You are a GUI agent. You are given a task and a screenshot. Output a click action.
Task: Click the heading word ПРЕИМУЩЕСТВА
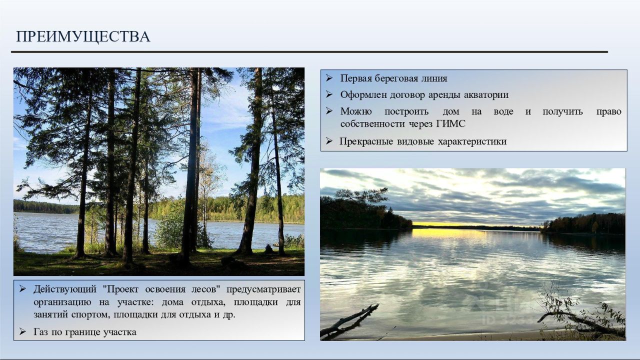click(83, 37)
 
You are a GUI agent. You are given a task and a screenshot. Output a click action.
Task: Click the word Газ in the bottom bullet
click(40, 332)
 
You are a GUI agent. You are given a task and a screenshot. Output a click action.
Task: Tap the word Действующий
click(65, 289)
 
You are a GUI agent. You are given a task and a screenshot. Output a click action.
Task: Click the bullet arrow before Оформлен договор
click(329, 94)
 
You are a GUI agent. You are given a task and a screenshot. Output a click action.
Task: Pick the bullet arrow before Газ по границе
click(22, 331)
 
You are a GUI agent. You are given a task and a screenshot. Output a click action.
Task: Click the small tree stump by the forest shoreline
click(268, 249)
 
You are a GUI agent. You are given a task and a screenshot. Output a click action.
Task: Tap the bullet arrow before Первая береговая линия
click(329, 78)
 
